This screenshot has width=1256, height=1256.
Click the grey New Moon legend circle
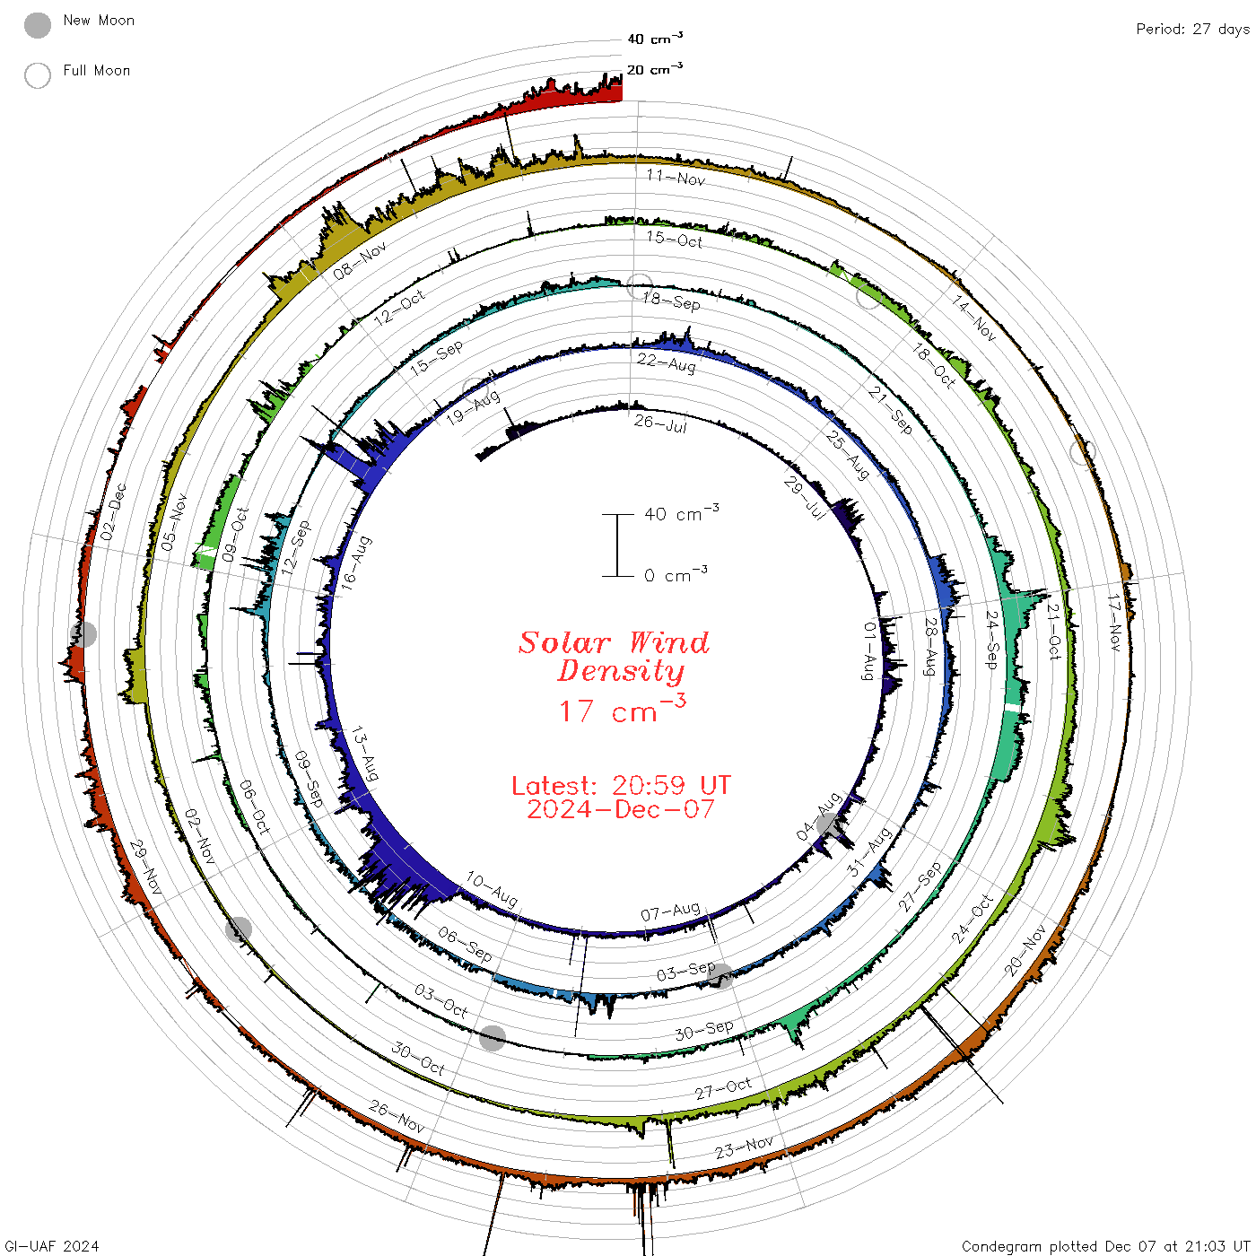(x=37, y=25)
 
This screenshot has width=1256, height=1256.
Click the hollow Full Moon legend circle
(x=37, y=75)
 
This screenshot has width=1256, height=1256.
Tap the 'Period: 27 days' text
(x=1192, y=30)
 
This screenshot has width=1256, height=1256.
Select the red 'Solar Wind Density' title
(x=614, y=657)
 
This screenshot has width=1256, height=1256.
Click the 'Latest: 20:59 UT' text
(x=621, y=785)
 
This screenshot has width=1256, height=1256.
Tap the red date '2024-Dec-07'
(x=621, y=809)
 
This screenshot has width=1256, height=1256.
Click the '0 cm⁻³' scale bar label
(x=676, y=574)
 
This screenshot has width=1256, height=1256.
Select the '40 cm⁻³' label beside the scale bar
(x=681, y=512)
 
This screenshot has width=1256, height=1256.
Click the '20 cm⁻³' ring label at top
(x=654, y=68)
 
